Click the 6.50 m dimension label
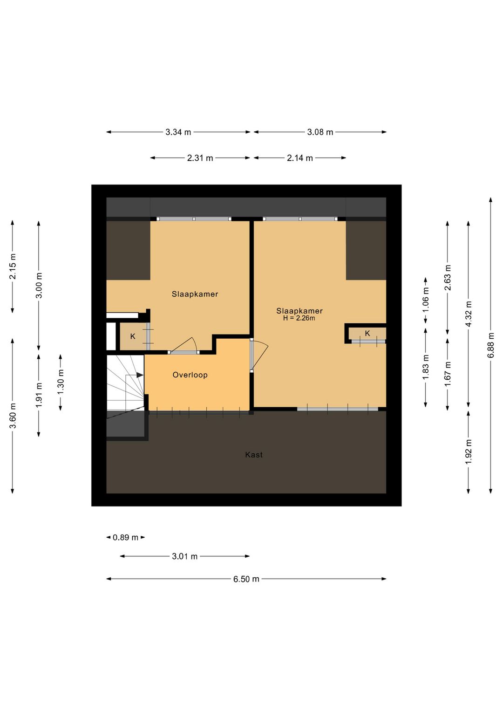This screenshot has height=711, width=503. (x=246, y=579)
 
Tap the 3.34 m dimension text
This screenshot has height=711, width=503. (x=178, y=132)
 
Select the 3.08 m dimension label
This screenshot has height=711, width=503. (x=320, y=132)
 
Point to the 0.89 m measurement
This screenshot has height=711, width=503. (x=126, y=537)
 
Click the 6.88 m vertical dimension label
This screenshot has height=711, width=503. (x=490, y=345)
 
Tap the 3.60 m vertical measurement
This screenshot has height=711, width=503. (x=13, y=416)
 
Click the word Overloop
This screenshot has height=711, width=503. (x=190, y=375)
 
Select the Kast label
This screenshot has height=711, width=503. (x=254, y=455)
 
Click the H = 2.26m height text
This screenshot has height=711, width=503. (x=299, y=318)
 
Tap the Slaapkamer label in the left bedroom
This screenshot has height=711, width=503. (x=195, y=294)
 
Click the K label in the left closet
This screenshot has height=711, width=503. (x=133, y=336)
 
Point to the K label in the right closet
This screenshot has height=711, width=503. (x=367, y=333)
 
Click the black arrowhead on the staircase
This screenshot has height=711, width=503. (x=140, y=375)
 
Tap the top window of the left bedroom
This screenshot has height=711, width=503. (x=194, y=219)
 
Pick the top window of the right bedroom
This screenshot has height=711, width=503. (x=300, y=219)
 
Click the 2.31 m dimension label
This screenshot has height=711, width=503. (x=200, y=158)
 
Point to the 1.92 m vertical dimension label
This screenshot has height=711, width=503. (x=469, y=451)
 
